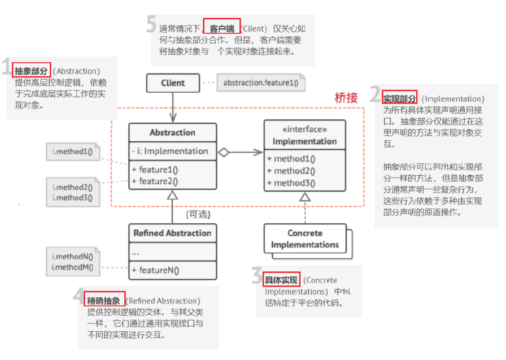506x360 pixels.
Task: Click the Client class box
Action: coord(173,83)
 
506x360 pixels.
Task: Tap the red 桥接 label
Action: coord(346,98)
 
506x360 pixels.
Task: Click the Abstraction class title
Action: coord(172,133)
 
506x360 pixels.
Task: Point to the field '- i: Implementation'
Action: coord(170,151)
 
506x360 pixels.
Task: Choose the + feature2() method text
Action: coord(155,181)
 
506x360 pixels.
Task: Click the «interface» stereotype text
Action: coord(305,129)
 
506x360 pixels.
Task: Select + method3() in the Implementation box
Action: coord(291,183)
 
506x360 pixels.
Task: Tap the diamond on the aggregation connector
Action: coord(224,151)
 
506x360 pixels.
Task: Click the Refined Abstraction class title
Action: coord(172,233)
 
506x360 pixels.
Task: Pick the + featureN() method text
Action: coord(155,270)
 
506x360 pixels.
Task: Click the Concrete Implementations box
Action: coord(305,238)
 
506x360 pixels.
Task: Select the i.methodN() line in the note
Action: coord(72,257)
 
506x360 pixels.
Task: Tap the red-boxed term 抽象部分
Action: coord(31,71)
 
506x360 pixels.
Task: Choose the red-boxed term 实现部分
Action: coord(400,98)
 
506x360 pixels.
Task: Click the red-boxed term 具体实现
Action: coord(281,280)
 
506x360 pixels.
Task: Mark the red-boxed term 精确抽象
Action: coord(103,301)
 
